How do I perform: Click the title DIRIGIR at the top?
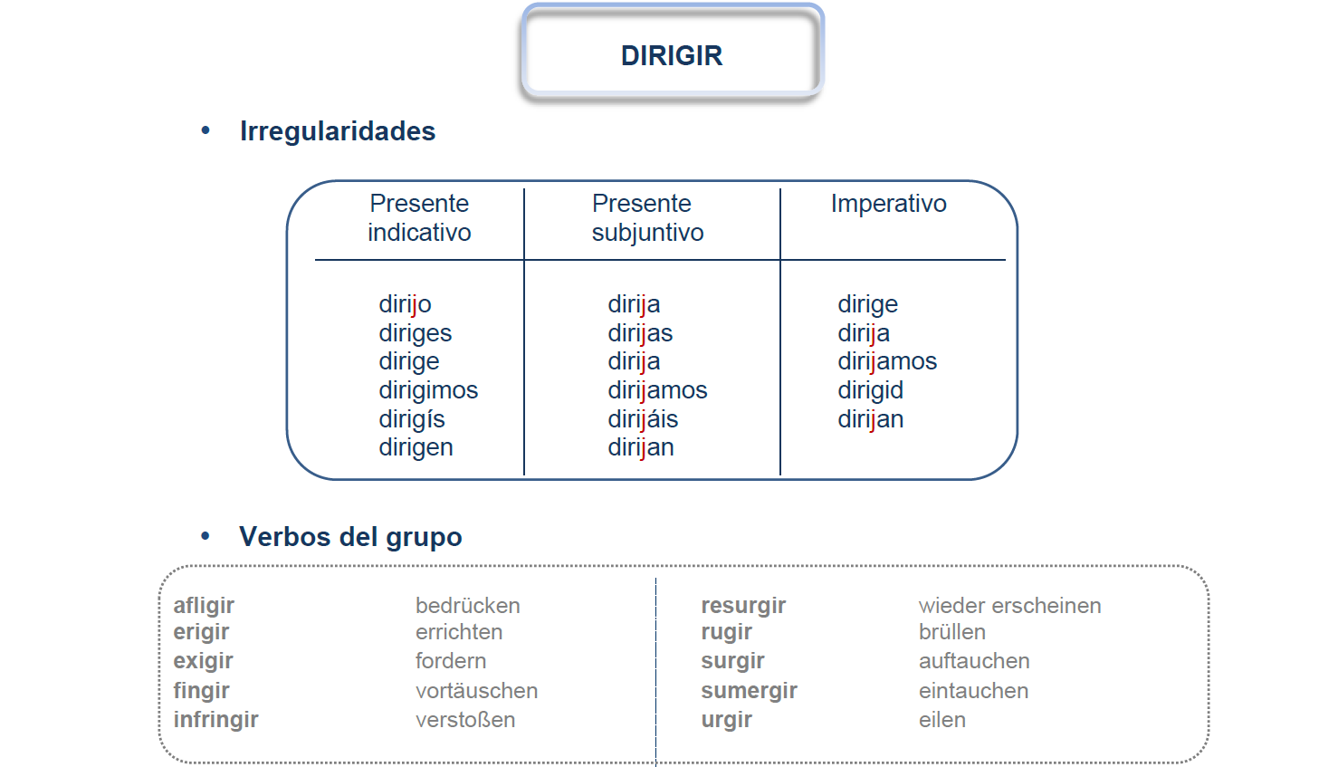[x=672, y=55]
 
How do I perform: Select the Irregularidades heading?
[x=338, y=130]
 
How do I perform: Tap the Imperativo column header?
[x=888, y=205]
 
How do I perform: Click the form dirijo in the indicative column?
[x=405, y=304]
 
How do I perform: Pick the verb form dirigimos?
[x=428, y=390]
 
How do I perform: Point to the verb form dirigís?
[x=412, y=419]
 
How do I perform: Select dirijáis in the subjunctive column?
[x=643, y=419]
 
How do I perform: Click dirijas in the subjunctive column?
[x=640, y=333]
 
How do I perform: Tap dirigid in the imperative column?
[x=870, y=390]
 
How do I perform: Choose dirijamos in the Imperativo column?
[x=887, y=362]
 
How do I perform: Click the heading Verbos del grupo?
[x=350, y=537]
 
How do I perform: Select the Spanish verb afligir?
[x=204, y=606]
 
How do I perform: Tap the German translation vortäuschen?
[x=477, y=691]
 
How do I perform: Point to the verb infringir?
[x=215, y=720]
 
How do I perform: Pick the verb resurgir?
[x=743, y=606]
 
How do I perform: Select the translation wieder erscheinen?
[x=1009, y=606]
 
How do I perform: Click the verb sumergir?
[x=749, y=691]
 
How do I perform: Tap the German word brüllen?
[x=952, y=632]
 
